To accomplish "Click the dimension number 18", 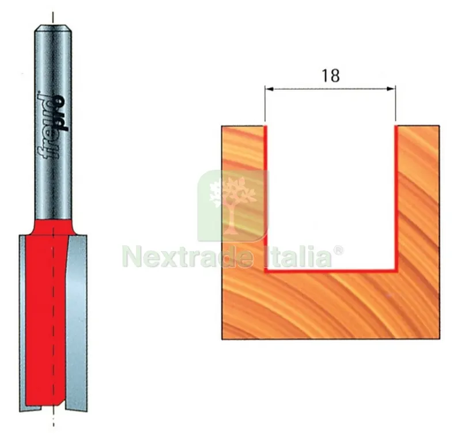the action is coord(331,76).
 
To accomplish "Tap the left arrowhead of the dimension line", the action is coord(269,89).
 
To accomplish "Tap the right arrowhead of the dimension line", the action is coord(391,89).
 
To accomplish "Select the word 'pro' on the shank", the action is coord(62,113).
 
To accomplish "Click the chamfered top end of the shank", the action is coord(53,28).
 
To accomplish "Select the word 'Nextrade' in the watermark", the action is coord(188,257).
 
